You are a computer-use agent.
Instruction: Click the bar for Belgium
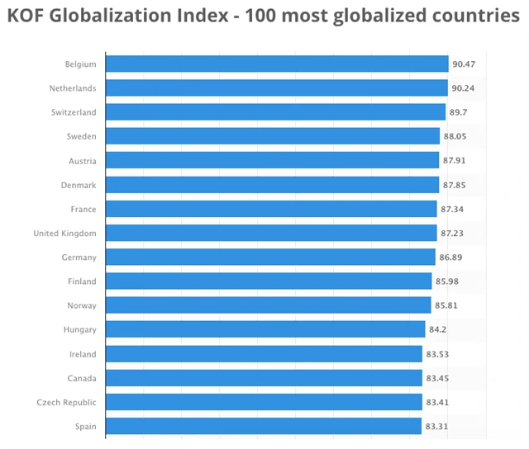point(277,64)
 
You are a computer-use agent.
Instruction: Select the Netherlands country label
point(72,88)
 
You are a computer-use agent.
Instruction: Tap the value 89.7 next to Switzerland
point(461,112)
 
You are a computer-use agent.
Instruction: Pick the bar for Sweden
point(273,136)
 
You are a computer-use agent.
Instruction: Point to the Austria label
point(81,161)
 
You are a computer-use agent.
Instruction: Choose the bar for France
point(271,209)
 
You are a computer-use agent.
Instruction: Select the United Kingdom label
point(64,234)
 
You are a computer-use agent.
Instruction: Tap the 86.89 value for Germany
point(450,258)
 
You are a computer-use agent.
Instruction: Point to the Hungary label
point(79,330)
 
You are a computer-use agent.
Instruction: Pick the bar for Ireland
point(264,354)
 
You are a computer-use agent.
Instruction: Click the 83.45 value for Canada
point(437,378)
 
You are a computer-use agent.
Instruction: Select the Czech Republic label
point(66,403)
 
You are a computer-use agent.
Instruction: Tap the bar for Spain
point(264,427)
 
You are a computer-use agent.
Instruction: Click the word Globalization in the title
point(120,18)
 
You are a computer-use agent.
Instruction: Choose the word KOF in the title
point(26,18)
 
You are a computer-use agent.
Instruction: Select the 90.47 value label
point(463,64)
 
